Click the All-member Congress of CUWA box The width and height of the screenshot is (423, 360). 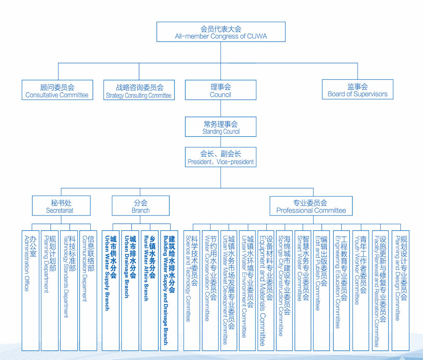[x=221, y=32]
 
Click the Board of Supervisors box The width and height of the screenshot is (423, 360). [x=357, y=90]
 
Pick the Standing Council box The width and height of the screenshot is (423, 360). [x=221, y=127]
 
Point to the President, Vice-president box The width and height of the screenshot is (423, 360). [x=221, y=157]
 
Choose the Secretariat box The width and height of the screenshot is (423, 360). [x=61, y=206]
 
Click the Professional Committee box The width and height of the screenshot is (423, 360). [x=311, y=206]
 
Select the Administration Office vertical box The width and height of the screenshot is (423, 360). [x=30, y=290]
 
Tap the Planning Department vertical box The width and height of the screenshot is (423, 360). [x=50, y=290]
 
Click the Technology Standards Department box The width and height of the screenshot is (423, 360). [x=69, y=290]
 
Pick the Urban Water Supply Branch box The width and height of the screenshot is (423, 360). [x=111, y=290]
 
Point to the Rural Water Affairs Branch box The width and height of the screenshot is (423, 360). [x=150, y=290]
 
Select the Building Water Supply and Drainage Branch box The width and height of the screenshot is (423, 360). [x=169, y=290]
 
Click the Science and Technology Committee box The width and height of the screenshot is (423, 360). [x=191, y=290]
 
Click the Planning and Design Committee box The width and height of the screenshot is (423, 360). [x=401, y=290]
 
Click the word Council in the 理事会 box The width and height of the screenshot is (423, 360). [x=220, y=95]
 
